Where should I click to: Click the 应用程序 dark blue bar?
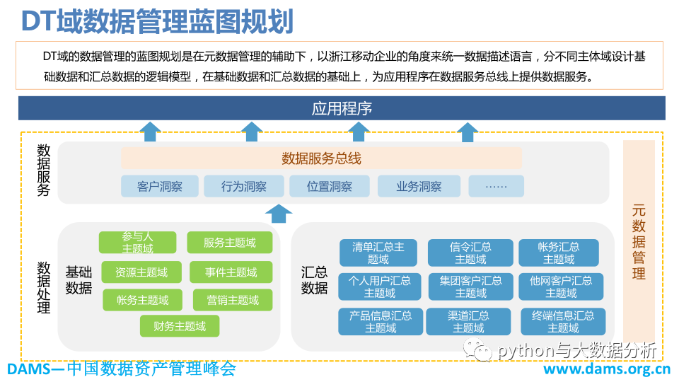[342, 108]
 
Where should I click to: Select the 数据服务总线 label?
[321, 158]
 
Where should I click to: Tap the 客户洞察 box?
[160, 187]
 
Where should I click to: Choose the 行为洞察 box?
[244, 187]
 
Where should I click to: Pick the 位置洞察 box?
[330, 187]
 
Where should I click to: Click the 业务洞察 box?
[419, 187]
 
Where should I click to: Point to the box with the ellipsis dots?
[497, 187]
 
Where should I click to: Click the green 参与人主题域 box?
[137, 243]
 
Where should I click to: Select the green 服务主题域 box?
[230, 243]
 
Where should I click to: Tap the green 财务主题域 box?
[180, 326]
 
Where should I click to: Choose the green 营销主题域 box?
[233, 300]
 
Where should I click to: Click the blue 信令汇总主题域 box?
[471, 253]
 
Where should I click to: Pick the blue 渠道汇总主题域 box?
[468, 322]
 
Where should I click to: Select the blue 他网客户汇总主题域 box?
[561, 286]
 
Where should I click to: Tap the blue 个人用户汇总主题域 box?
[380, 286]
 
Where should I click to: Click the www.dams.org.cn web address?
[607, 369]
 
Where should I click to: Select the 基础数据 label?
[79, 279]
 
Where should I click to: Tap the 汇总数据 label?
[314, 279]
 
